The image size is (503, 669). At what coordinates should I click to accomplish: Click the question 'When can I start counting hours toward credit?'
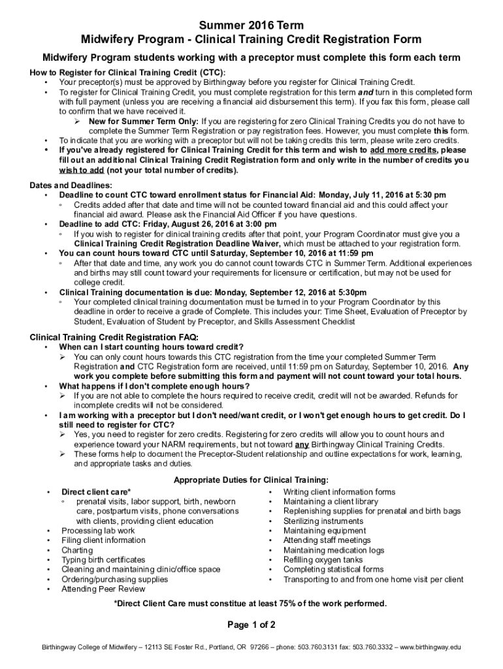click(152, 347)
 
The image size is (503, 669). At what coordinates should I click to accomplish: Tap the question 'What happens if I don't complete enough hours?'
click(155, 386)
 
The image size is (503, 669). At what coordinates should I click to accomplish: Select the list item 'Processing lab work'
click(98, 531)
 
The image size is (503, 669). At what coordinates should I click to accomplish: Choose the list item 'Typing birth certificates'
click(103, 560)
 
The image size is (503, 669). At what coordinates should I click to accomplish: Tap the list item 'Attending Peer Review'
click(103, 589)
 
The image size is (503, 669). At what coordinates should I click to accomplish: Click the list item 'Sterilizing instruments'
click(323, 521)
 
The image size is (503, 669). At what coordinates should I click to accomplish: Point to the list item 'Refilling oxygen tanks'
click(323, 560)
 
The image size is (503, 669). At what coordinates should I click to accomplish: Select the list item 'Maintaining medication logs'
click(333, 550)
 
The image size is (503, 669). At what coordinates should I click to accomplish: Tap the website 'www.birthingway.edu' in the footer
click(429, 647)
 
